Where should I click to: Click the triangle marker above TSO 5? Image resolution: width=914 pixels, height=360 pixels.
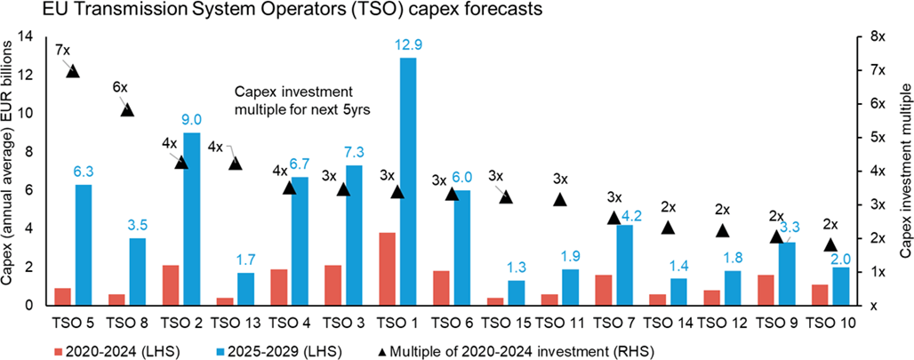73,71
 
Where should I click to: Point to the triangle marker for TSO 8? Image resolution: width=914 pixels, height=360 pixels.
127,109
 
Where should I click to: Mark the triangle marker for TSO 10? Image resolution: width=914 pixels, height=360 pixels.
830,244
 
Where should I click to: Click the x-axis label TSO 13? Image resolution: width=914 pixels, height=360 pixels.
235,322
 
